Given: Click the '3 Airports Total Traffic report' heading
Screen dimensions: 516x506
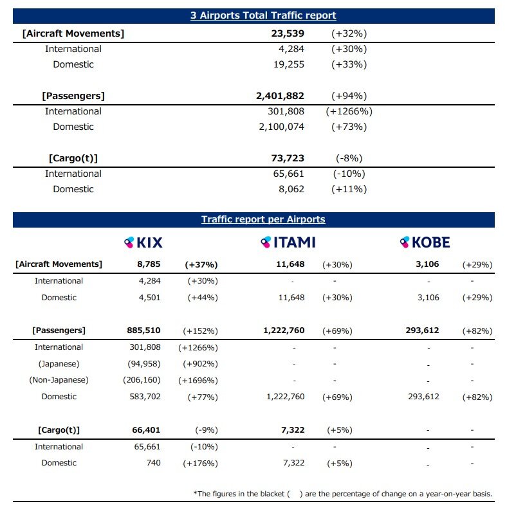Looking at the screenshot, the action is (x=263, y=15).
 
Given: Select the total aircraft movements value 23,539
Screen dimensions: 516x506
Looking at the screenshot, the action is (x=288, y=33).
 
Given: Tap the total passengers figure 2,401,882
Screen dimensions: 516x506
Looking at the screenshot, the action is (x=280, y=96).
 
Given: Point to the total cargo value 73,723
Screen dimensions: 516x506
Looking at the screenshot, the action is (x=288, y=158).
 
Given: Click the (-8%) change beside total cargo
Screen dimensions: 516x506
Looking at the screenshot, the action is (x=349, y=158).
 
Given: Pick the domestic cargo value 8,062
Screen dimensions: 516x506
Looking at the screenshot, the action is (x=291, y=190).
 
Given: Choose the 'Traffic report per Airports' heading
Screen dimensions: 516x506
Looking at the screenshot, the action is (x=263, y=219).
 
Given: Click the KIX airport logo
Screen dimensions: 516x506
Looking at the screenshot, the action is (x=143, y=242).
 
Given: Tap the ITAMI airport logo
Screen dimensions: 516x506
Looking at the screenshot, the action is (x=288, y=242).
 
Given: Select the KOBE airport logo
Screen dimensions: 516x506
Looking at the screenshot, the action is (x=425, y=242).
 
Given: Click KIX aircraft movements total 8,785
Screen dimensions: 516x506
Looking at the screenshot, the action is (x=149, y=264).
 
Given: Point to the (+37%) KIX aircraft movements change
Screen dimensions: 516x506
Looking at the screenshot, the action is (x=201, y=265).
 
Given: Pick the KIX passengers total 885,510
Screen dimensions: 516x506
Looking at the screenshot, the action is (x=144, y=330).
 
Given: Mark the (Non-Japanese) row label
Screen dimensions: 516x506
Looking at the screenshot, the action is (x=59, y=380).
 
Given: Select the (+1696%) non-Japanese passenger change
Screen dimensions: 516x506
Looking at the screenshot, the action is (x=198, y=381).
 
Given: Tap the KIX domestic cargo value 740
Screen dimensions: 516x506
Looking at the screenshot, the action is (x=153, y=463).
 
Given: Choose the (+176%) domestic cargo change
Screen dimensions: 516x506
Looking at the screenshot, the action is (x=200, y=464).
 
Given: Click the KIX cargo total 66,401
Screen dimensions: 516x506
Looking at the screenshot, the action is (x=146, y=430).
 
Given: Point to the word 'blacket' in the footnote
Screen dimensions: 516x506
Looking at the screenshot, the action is (x=272, y=494).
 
